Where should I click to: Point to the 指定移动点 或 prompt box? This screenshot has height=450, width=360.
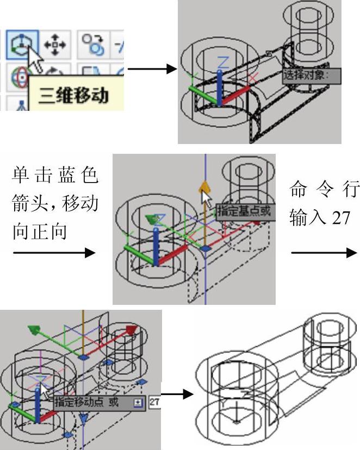91,403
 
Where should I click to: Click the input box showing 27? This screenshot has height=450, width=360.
154,403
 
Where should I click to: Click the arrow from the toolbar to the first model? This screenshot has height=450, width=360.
152,69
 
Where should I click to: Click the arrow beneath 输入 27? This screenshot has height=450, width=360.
324,253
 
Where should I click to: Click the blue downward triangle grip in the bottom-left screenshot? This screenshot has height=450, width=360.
83,418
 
